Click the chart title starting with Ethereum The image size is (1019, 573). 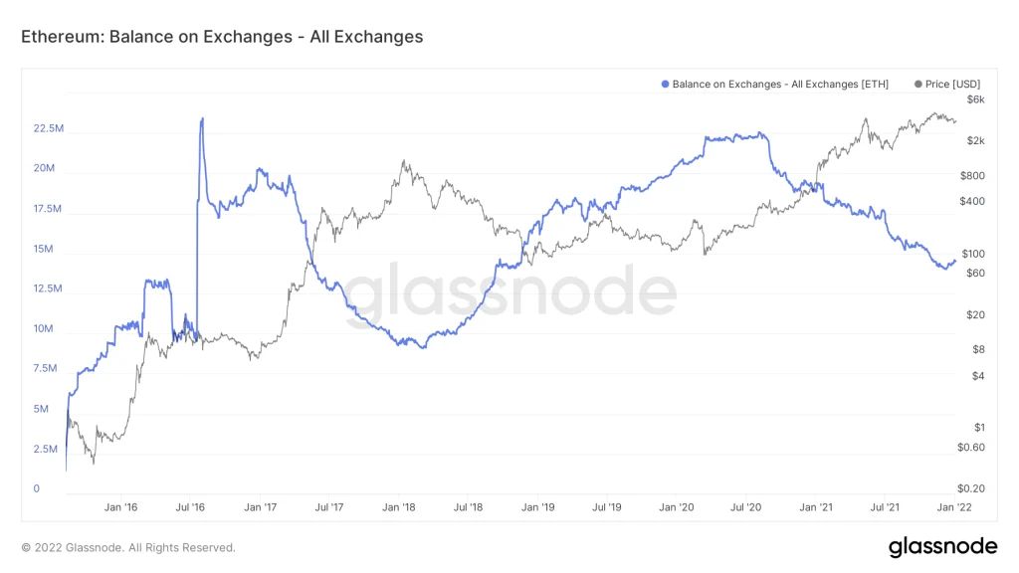click(x=222, y=37)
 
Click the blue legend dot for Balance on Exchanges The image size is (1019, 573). click(x=665, y=85)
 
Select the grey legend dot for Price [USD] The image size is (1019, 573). click(x=917, y=85)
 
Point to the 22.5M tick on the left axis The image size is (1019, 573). click(x=49, y=129)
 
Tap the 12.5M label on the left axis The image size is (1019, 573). click(x=49, y=288)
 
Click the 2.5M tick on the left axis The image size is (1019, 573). click(x=47, y=449)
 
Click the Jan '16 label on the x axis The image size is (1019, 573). click(x=120, y=507)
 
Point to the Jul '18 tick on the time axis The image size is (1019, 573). click(x=468, y=507)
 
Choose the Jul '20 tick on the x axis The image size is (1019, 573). click(x=746, y=507)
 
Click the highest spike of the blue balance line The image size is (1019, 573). click(x=202, y=118)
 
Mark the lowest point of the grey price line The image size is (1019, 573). click(x=94, y=463)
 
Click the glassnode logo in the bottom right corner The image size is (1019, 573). click(x=941, y=546)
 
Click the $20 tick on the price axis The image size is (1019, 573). click(x=975, y=315)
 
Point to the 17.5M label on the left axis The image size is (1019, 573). click(x=49, y=209)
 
